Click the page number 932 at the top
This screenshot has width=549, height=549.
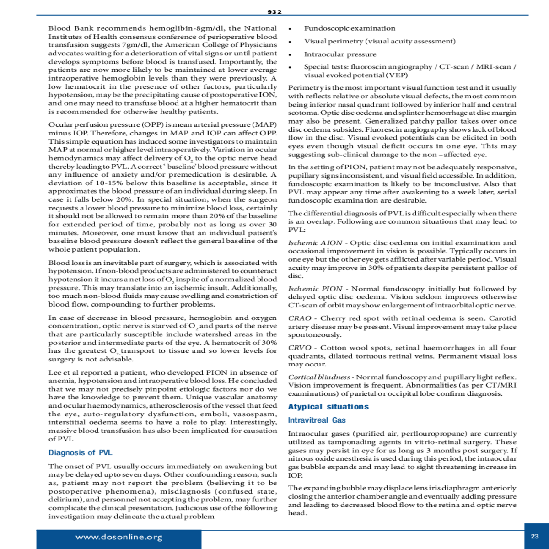274,12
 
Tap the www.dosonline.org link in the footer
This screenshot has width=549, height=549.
119,537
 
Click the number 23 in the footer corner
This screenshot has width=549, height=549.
535,536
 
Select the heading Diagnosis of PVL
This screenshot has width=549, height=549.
80,452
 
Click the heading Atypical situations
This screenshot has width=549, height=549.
328,407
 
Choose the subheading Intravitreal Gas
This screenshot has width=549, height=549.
317,420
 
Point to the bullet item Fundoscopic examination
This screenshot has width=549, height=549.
350,28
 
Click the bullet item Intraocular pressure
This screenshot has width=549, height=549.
340,54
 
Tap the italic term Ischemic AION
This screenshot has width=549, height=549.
315,243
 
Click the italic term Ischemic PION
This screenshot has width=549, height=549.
315,289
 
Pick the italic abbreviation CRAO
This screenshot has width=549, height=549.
300,318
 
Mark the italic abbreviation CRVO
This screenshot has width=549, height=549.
300,348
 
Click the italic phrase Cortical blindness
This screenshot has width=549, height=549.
319,377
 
